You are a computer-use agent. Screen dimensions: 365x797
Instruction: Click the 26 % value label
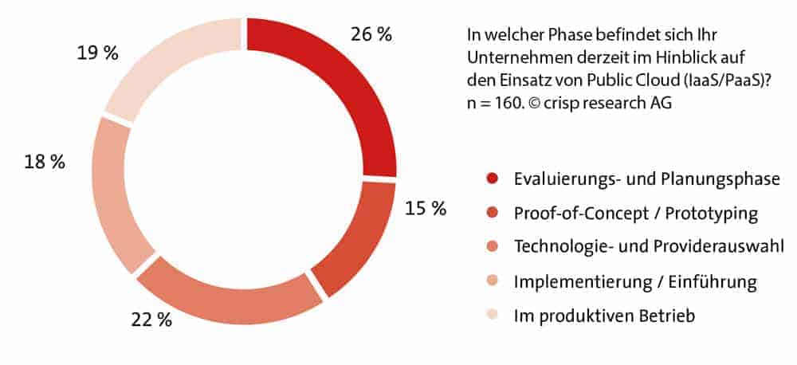pyautogui.click(x=371, y=34)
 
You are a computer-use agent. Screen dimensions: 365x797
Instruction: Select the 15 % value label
pyautogui.click(x=426, y=210)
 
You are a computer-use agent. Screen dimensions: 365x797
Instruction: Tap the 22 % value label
pyautogui.click(x=151, y=320)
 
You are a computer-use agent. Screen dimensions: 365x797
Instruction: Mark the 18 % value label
pyautogui.click(x=45, y=162)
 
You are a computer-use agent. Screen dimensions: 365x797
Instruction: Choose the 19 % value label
pyautogui.click(x=97, y=53)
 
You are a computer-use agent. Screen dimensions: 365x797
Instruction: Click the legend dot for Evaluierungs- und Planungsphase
pyautogui.click(x=492, y=179)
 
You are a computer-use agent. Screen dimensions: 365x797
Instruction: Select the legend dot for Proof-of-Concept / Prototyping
pyautogui.click(x=492, y=213)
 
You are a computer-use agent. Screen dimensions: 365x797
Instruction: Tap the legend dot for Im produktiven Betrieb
pyautogui.click(x=492, y=316)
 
